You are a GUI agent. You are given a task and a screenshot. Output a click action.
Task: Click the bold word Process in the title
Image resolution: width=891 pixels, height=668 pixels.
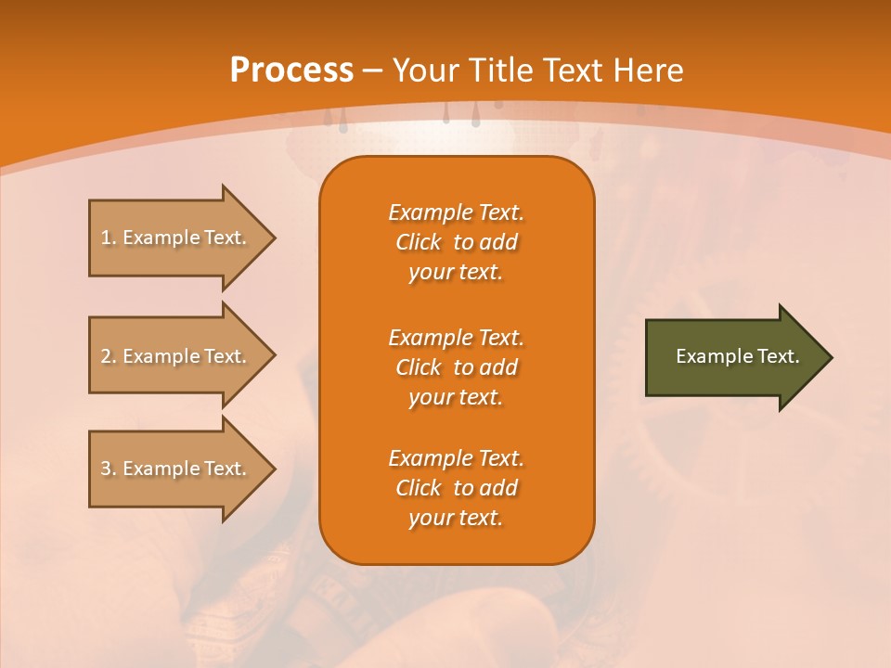pyautogui.click(x=291, y=71)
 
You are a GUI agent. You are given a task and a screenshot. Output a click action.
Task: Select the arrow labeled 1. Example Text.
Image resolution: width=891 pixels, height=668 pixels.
pyautogui.click(x=176, y=238)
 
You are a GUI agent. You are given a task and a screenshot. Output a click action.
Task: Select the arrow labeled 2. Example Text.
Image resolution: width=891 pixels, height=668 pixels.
pyautogui.click(x=176, y=356)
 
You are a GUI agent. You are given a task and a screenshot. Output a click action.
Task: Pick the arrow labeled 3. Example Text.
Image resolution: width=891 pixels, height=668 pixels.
pyautogui.click(x=176, y=469)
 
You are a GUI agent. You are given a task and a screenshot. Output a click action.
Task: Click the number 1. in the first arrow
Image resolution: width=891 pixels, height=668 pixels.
pyautogui.click(x=108, y=238)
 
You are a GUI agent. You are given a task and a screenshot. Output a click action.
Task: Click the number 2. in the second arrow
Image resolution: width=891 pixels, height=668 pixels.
pyautogui.click(x=108, y=356)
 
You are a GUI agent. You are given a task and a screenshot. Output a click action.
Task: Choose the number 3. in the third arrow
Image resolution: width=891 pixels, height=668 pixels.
pyautogui.click(x=108, y=469)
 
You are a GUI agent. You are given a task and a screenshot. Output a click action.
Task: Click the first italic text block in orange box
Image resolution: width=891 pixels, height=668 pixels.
pyautogui.click(x=456, y=242)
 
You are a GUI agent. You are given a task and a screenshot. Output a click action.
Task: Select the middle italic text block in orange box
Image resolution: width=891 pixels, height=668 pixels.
pyautogui.click(x=456, y=366)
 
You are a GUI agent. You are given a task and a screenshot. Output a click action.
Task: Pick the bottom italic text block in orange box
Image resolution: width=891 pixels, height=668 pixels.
pyautogui.click(x=456, y=488)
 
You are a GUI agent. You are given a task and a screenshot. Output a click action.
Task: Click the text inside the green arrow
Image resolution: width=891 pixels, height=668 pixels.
pyautogui.click(x=737, y=356)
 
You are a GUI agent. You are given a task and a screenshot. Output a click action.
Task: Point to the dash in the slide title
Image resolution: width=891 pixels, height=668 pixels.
pyautogui.click(x=372, y=71)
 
